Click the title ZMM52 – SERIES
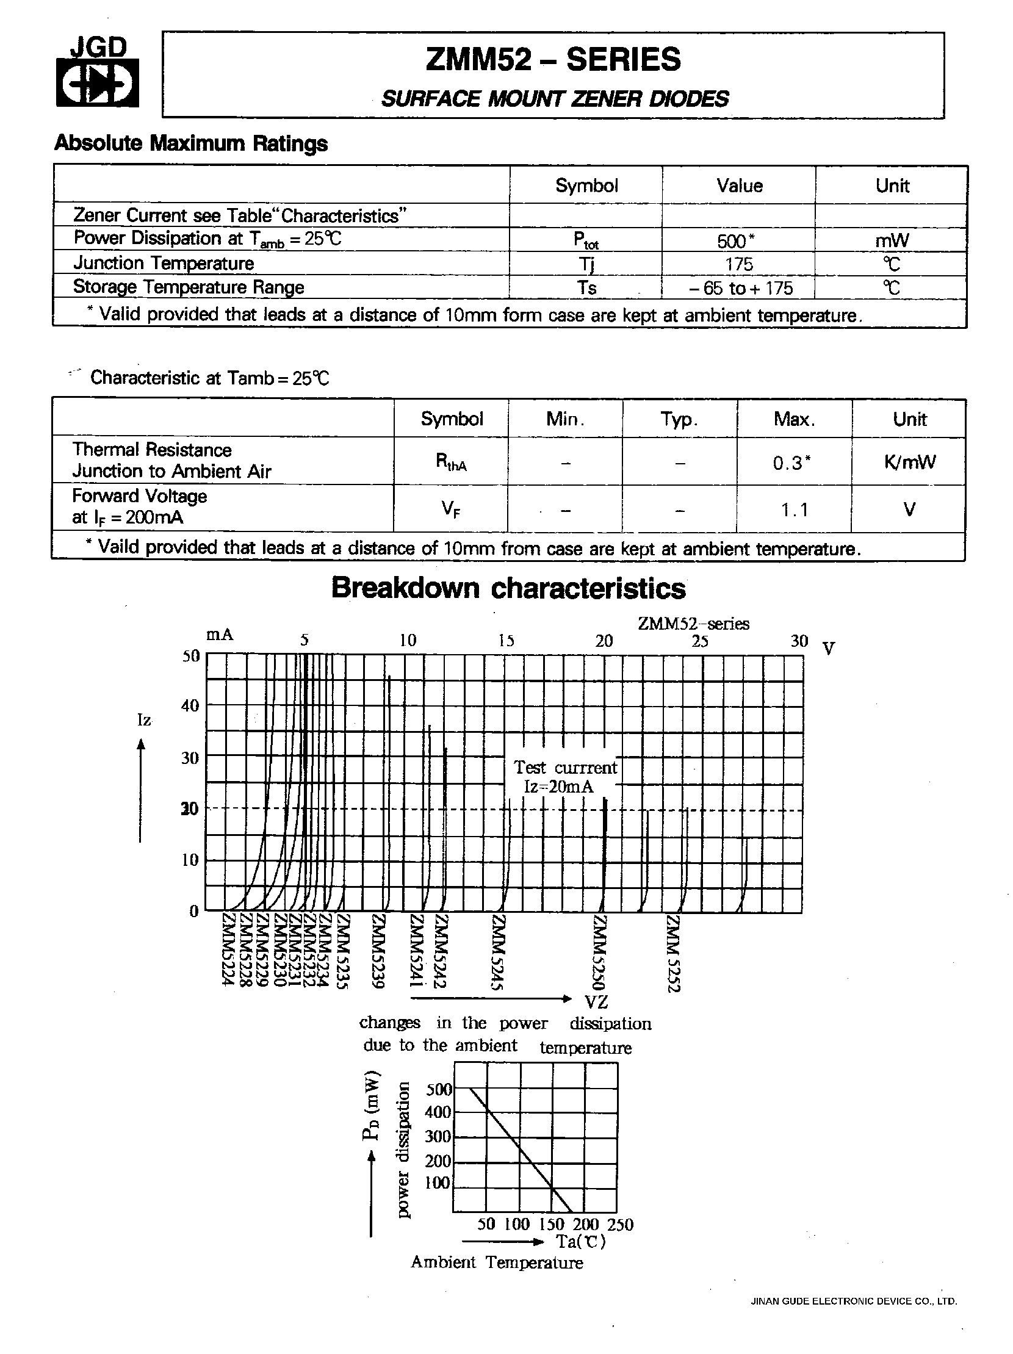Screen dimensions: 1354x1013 (x=553, y=60)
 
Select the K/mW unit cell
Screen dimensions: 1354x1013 (x=909, y=461)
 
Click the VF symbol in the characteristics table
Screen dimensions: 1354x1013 (x=452, y=509)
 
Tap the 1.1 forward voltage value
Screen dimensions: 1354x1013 (x=794, y=510)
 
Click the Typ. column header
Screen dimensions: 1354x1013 (x=679, y=419)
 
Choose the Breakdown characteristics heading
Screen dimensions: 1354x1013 (x=508, y=588)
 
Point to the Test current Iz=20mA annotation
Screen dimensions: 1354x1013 (x=564, y=776)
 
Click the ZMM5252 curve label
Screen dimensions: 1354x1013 (x=674, y=953)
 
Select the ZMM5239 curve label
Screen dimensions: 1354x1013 (x=379, y=951)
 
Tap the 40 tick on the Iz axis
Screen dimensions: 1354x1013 (x=190, y=706)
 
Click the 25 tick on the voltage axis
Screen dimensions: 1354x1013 (x=699, y=641)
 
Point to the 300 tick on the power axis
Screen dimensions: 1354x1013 (x=438, y=1136)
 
